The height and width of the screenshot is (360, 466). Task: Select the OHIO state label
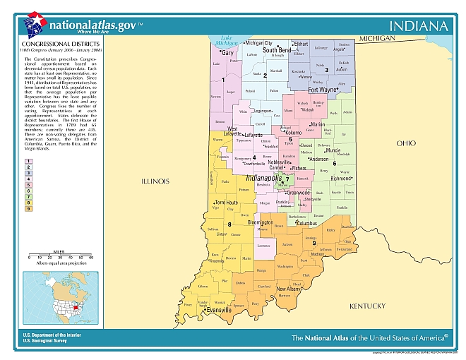406,143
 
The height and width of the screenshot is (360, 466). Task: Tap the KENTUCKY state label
368,306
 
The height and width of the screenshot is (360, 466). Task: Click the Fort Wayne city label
323,90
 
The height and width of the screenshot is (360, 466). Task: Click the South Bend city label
277,51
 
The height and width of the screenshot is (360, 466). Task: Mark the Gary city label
227,52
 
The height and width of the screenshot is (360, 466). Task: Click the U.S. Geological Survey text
49,340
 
